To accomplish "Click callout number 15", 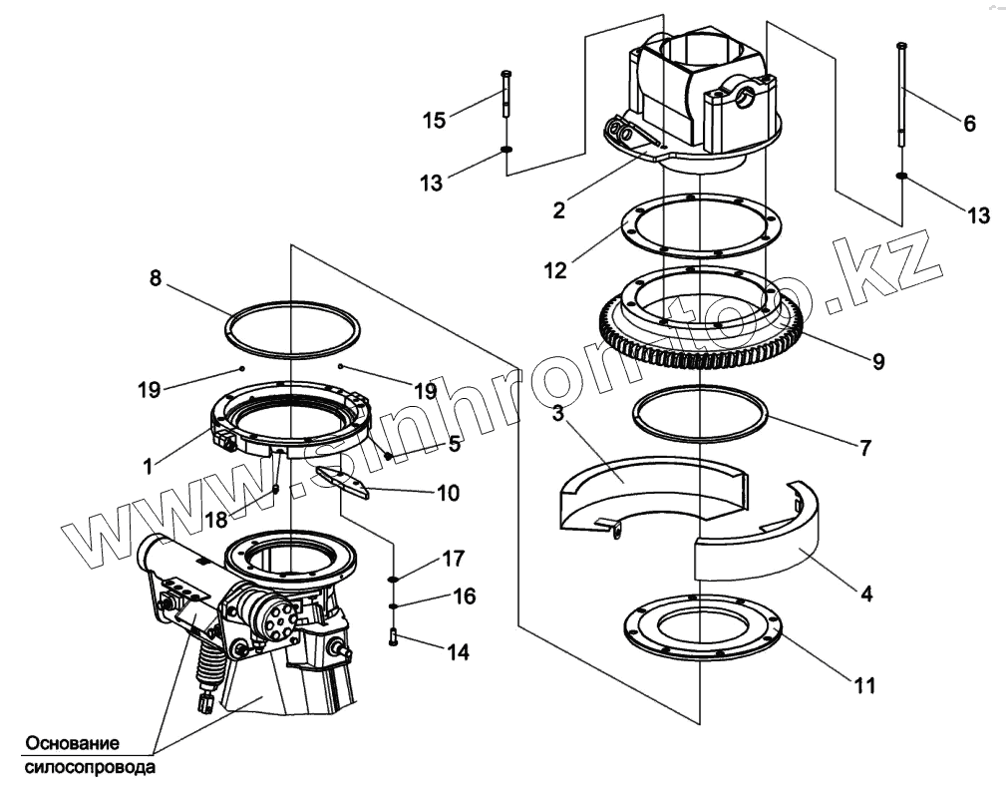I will [x=434, y=120].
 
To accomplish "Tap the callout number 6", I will [x=968, y=124].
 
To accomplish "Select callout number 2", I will [x=559, y=209].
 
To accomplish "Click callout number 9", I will [x=877, y=362].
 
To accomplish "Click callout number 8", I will [x=156, y=279].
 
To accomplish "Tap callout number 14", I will [x=458, y=652].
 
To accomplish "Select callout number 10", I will [x=448, y=493].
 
